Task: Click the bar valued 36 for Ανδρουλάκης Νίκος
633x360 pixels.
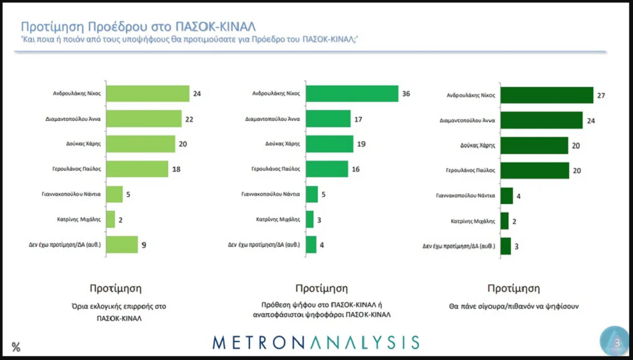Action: pos(352,93)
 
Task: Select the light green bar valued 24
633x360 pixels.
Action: pos(148,93)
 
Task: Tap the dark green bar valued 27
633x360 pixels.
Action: pos(547,95)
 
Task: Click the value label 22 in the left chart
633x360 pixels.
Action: pos(189,119)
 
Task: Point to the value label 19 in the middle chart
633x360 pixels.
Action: pos(361,144)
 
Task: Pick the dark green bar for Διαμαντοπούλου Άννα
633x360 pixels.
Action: pos(542,120)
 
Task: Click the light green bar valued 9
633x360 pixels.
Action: pos(122,244)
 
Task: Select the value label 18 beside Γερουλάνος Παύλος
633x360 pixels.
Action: pos(176,169)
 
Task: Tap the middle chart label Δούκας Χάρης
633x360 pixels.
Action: pos(283,145)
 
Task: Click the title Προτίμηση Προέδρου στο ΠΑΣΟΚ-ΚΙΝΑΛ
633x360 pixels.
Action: pos(138,26)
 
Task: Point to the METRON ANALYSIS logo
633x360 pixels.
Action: pos(316,342)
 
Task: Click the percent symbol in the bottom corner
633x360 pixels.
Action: pos(16,347)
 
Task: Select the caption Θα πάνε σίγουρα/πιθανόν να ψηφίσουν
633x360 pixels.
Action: pos(514,306)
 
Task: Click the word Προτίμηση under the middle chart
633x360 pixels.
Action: pos(322,288)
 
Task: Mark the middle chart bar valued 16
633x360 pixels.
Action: pos(327,169)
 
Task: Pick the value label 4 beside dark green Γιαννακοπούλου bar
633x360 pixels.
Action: pos(519,196)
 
